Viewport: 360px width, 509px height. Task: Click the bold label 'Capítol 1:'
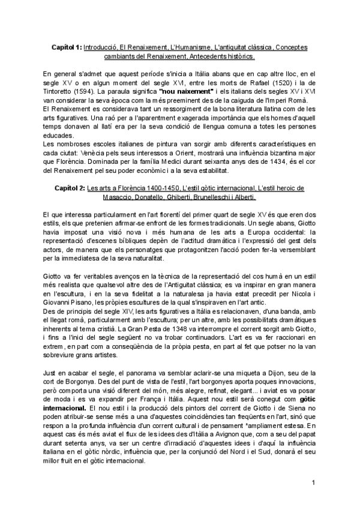tap(65, 46)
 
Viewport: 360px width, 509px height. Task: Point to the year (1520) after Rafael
tap(265, 82)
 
